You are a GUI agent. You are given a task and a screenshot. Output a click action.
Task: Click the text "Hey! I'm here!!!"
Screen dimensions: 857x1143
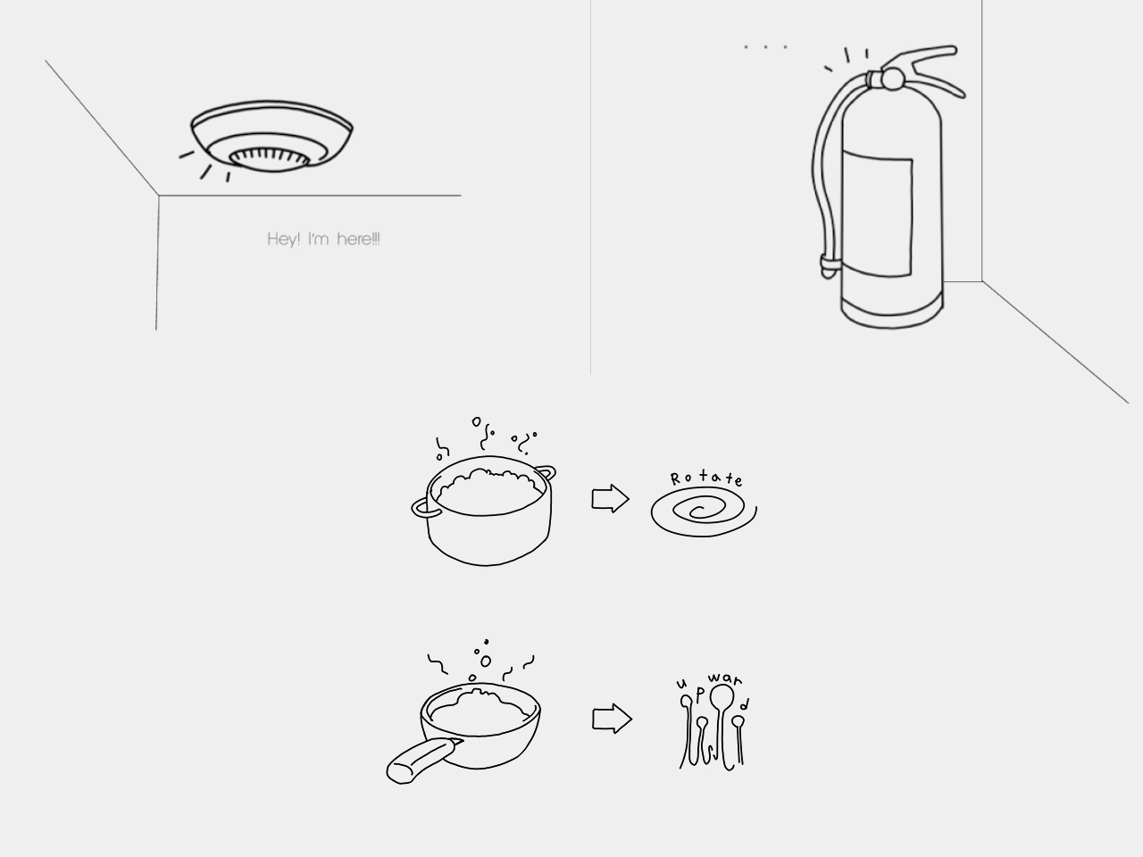coord(323,239)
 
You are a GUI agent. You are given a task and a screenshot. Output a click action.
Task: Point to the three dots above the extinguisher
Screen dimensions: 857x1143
coord(766,46)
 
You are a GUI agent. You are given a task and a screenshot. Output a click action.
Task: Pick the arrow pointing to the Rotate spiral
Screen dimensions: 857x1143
coord(610,499)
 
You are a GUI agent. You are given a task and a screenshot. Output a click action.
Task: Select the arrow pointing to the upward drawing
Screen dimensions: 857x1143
coord(612,719)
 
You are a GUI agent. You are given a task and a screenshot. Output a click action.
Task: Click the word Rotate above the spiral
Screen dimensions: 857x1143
coord(705,478)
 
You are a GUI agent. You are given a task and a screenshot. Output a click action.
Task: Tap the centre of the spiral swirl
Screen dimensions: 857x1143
coord(699,512)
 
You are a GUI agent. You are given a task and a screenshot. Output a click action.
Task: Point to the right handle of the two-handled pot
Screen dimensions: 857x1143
coord(545,472)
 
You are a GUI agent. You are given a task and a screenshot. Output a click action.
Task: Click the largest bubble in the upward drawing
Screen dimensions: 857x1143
coord(722,696)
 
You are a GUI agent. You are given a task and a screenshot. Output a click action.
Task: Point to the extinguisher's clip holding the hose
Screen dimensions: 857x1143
coord(829,265)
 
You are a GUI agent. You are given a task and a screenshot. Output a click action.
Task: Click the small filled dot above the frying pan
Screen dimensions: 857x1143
coord(486,641)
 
